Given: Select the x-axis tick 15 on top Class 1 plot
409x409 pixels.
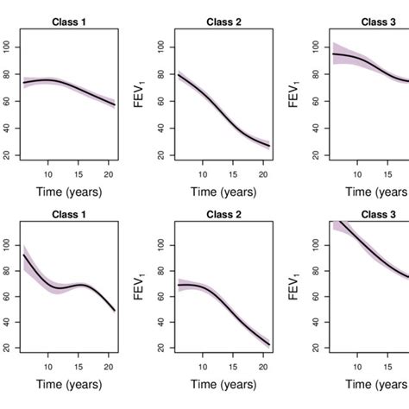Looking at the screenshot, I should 85,173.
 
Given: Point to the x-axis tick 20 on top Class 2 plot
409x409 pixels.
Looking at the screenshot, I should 266,173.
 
